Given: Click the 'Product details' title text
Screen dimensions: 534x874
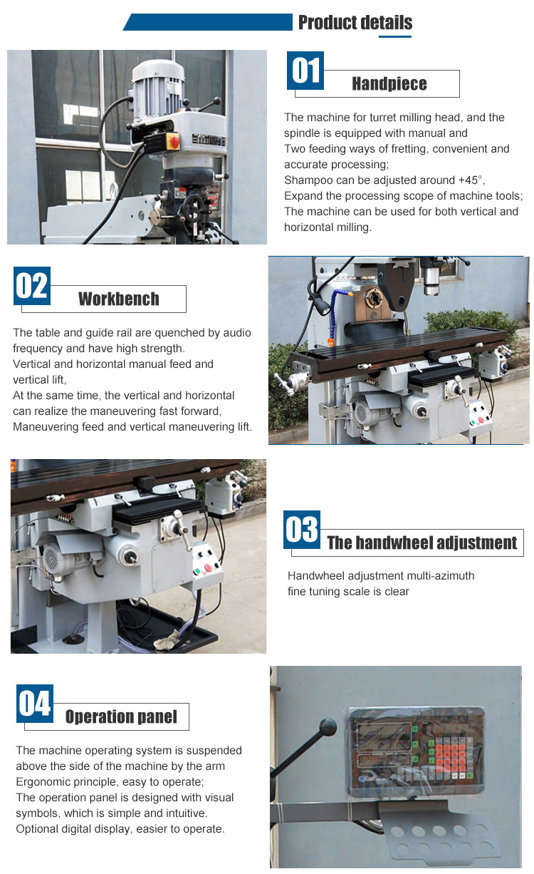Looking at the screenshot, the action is click(355, 23).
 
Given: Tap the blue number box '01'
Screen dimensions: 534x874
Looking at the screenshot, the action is click(305, 71).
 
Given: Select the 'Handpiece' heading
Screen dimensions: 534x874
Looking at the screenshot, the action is click(389, 83).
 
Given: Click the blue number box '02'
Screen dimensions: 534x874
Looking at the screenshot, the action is click(32, 286).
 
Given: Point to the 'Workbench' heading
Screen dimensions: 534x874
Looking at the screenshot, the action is click(119, 299).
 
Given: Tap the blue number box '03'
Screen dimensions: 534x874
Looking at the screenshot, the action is click(302, 530).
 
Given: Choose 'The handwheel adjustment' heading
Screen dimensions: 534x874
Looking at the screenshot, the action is click(422, 543).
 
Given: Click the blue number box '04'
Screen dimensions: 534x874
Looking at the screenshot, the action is click(35, 704).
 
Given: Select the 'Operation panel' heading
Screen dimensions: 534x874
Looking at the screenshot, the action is click(121, 716).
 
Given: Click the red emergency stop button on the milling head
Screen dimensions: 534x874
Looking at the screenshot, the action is click(173, 141).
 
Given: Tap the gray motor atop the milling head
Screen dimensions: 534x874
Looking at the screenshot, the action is click(157, 89).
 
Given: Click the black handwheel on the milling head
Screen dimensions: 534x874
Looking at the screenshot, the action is click(193, 207).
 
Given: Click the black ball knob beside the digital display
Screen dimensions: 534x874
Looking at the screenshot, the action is click(328, 727).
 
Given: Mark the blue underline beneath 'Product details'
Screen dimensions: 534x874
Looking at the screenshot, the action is click(395, 36).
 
